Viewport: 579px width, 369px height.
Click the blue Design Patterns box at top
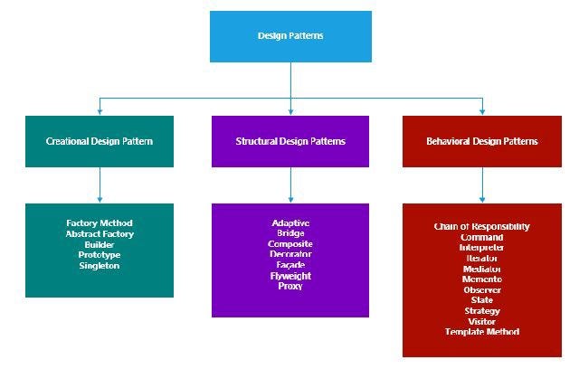coord(290,36)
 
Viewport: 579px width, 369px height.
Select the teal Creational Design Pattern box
coord(100,141)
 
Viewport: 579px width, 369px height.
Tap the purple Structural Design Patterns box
coord(290,141)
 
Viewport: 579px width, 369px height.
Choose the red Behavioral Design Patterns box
coord(482,141)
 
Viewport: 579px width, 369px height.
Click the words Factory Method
coord(100,222)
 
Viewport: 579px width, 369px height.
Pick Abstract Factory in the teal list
coord(100,233)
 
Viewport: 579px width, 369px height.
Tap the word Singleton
coord(100,266)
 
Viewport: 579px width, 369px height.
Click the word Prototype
coord(100,255)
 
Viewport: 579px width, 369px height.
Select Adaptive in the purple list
coord(290,222)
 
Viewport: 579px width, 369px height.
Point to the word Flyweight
coord(290,276)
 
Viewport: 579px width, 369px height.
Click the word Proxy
coord(290,287)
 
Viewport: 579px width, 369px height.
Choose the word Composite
coord(290,244)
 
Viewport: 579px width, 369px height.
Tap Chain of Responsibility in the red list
coord(482,227)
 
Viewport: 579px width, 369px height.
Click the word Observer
coord(482,290)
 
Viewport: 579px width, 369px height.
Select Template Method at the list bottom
coord(482,332)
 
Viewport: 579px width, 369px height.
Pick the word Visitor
coord(482,321)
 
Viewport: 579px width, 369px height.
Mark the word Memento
coord(482,279)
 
